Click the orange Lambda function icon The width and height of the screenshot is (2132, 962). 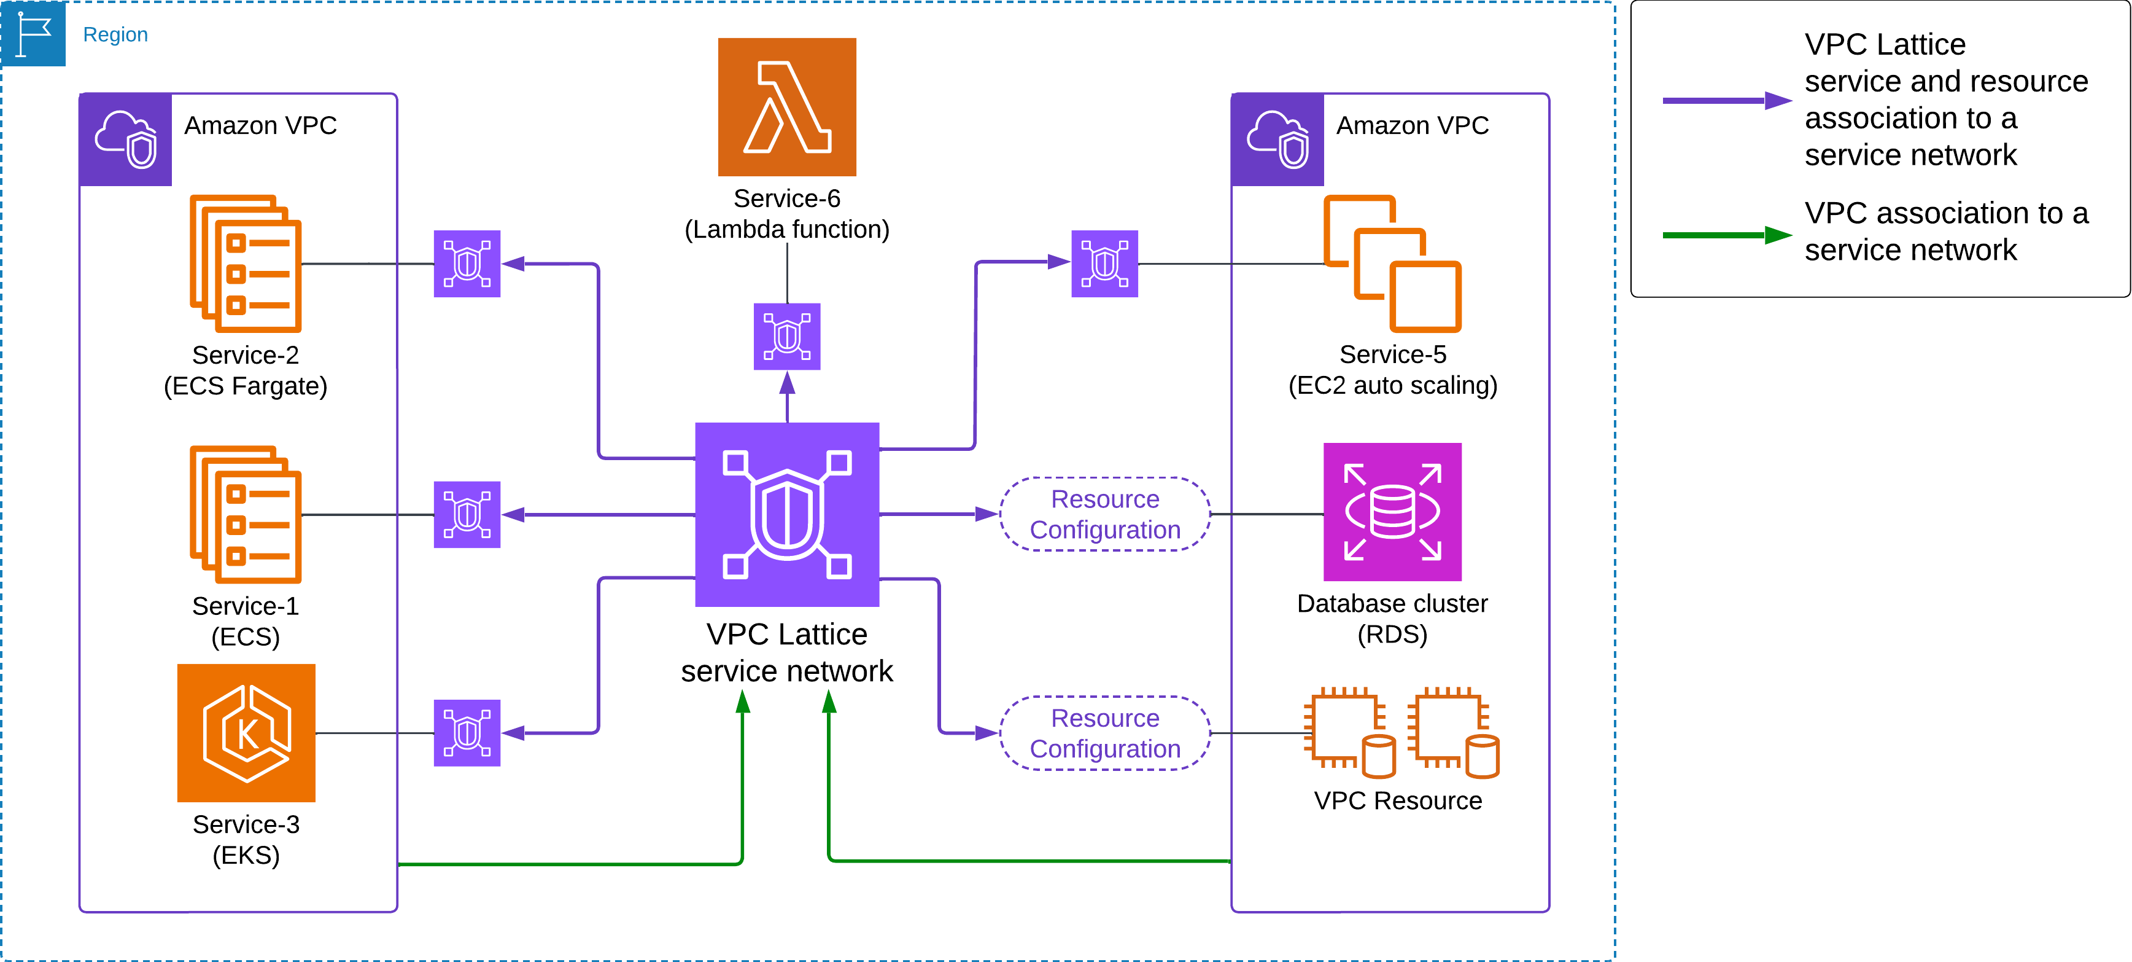point(786,107)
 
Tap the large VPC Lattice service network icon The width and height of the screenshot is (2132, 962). point(786,514)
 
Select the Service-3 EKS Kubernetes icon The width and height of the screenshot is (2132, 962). point(246,733)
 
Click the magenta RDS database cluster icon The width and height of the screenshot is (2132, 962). point(1392,512)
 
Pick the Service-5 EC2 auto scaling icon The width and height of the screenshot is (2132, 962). point(1392,264)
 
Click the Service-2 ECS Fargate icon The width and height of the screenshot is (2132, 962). point(246,264)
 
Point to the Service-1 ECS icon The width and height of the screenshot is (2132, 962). point(246,514)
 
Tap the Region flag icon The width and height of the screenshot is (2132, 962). point(33,34)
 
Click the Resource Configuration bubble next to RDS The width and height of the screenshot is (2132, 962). point(1105,514)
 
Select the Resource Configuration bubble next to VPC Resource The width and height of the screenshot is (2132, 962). point(1105,733)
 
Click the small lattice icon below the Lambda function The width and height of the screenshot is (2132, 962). point(786,336)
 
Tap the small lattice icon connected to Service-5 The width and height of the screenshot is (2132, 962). point(1104,264)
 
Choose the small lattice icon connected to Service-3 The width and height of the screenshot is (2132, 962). point(467,733)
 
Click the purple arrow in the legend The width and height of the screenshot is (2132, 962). point(1726,101)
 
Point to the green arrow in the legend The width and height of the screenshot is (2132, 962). point(1726,235)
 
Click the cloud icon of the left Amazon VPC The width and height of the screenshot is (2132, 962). point(126,139)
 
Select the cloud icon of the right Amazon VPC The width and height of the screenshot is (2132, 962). point(1277,139)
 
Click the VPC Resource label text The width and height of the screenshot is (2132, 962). point(1397,800)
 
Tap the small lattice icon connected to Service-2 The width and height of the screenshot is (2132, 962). point(467,264)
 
